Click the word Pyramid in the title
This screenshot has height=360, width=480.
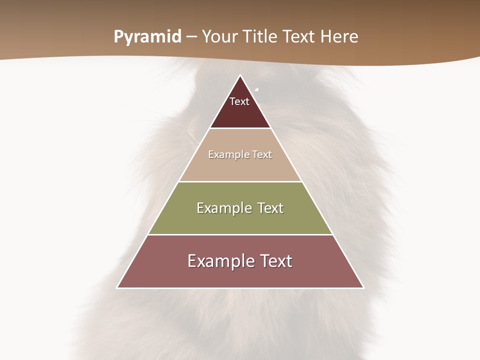(x=147, y=36)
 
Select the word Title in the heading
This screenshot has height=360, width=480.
(x=261, y=36)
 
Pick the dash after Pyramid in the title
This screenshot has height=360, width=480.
(x=191, y=37)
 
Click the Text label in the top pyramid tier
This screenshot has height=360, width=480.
(x=239, y=101)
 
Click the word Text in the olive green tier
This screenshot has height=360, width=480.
(x=270, y=208)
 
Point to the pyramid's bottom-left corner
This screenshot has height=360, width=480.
(x=117, y=287)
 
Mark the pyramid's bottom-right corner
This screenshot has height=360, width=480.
(x=363, y=287)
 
